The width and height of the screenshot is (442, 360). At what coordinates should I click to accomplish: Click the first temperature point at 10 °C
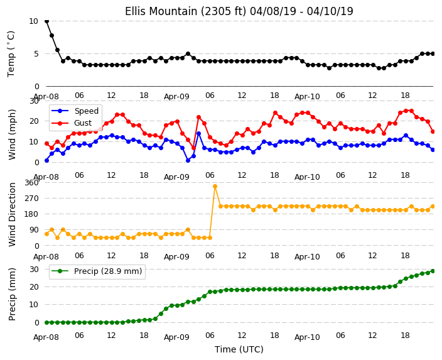[x=47, y=21]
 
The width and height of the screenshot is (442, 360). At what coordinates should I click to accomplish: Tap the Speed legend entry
[x=75, y=111]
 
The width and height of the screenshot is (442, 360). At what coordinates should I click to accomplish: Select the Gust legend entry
[x=72, y=123]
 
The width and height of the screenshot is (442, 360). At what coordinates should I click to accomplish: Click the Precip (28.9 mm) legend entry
[x=97, y=271]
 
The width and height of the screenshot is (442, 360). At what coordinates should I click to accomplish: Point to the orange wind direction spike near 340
[x=215, y=187]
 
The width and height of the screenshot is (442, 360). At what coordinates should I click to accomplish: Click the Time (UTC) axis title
[x=239, y=349]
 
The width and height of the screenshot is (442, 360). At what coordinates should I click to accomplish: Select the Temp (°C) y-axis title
[x=11, y=54]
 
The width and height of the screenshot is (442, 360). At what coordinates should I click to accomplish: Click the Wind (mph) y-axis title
[x=12, y=134]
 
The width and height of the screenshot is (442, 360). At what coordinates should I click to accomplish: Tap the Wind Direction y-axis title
[x=12, y=215]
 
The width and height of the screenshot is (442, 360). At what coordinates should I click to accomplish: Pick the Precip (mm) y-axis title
[x=12, y=295]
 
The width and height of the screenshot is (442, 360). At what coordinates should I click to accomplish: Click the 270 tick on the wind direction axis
[x=32, y=199]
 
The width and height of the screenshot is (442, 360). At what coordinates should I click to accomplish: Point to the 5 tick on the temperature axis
[x=36, y=54]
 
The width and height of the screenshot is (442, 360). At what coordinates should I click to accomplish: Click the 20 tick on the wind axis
[x=34, y=121]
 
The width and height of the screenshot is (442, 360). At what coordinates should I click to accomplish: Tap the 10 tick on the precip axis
[x=34, y=305]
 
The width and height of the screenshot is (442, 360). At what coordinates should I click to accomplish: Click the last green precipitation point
[x=433, y=271]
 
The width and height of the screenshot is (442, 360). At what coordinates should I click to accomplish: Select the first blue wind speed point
[x=47, y=161]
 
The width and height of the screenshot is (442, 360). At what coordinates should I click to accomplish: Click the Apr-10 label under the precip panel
[x=307, y=337]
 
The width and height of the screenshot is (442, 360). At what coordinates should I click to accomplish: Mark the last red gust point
[x=433, y=131]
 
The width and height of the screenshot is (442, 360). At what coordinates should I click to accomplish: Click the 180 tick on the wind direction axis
[x=32, y=214]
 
